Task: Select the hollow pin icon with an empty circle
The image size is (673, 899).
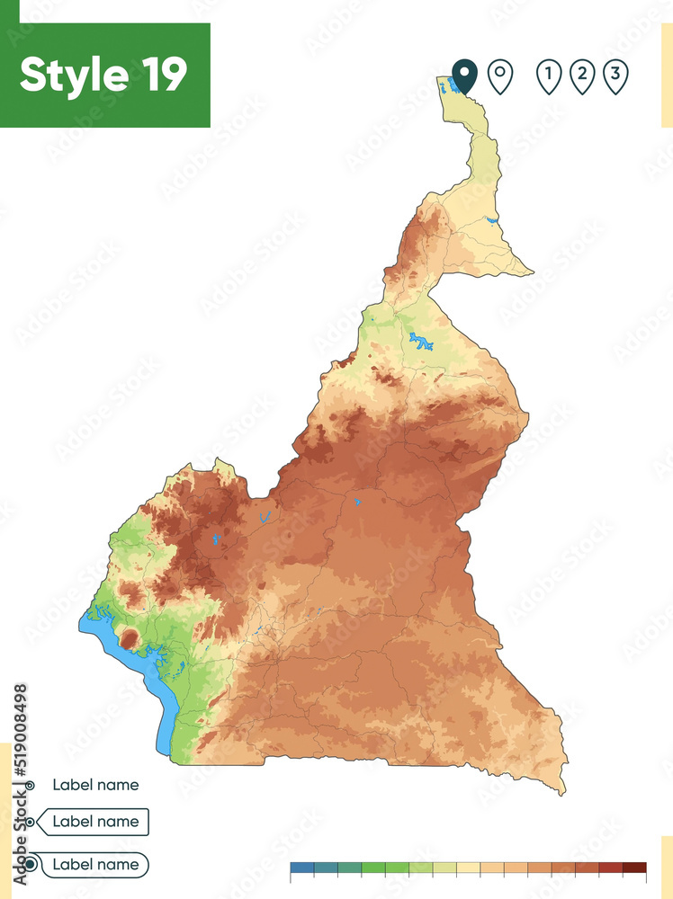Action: coord(500,76)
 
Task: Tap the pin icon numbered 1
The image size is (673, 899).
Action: coord(548,76)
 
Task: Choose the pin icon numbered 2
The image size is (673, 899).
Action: coord(582,76)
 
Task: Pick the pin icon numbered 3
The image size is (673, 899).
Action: coord(615,76)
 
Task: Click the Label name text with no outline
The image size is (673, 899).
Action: coord(95,785)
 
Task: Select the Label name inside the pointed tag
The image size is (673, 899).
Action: coord(95,822)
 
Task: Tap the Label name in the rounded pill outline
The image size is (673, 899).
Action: coord(95,865)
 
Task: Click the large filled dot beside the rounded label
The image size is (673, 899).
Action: coord(31,865)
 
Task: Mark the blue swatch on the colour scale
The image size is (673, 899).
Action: coord(301,868)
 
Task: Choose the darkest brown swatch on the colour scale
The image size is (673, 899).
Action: coord(634,868)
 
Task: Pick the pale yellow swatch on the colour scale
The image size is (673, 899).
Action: coord(468,868)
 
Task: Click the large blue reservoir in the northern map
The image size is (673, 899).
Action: coord(419,342)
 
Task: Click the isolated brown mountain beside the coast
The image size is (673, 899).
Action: coord(130,639)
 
